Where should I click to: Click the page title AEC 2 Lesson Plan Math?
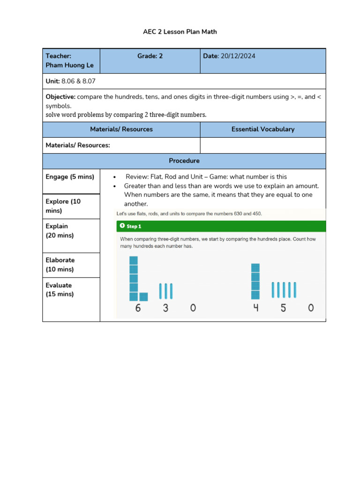pos(180,32)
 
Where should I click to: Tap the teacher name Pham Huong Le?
pos(69,65)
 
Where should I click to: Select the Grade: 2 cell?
pos(150,56)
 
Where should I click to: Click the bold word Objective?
pos(60,97)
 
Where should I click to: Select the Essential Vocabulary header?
pos(262,129)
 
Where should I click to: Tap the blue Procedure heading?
pos(184,161)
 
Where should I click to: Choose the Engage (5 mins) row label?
pos(70,177)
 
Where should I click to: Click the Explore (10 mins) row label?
pos(63,206)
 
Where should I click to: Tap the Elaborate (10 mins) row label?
pos(60,264)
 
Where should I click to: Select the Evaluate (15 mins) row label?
pos(60,289)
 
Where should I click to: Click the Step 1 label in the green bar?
pos(134,226)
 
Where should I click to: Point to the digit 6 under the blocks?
pos(138,308)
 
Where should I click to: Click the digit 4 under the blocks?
pos(255,308)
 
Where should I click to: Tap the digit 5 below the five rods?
pos(283,308)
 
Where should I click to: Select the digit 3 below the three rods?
pos(165,308)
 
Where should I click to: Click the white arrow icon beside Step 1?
pos(122,226)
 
